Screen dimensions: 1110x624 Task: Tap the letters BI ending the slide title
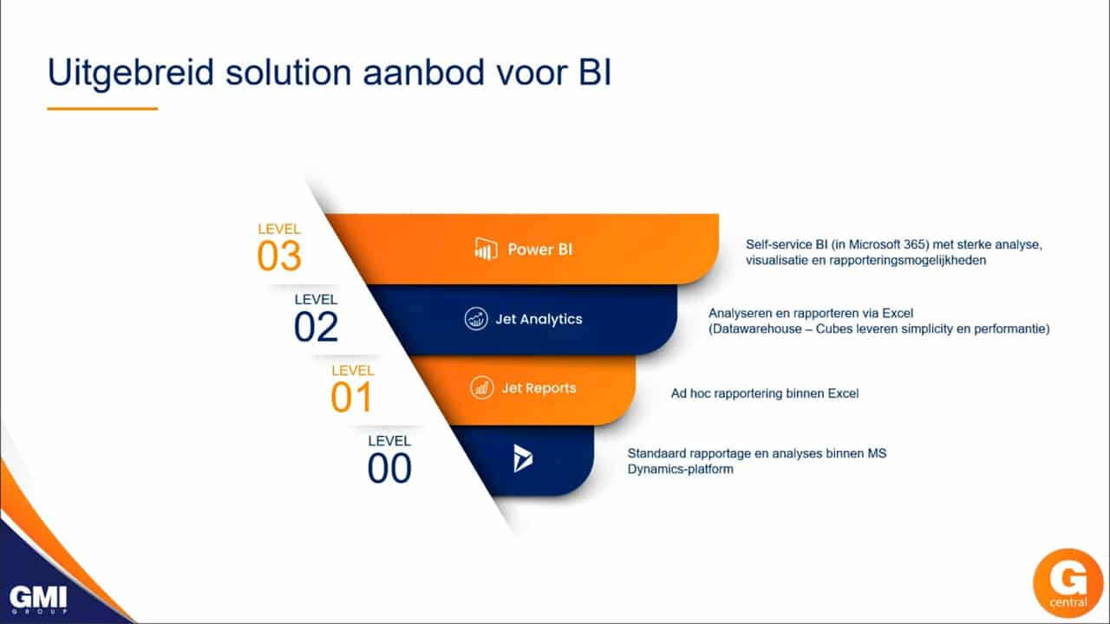595,72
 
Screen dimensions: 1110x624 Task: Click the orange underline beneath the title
102,108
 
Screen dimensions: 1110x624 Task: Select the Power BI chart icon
486,249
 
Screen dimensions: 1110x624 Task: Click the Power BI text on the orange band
539,249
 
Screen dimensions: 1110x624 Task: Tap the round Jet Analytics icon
476,318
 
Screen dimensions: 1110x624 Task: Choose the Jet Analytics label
539,319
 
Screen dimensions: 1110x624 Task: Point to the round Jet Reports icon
481,387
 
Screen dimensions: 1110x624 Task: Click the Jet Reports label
539,387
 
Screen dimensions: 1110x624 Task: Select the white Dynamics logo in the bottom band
522,458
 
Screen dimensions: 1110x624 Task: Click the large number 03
279,256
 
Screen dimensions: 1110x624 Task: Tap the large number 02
317,327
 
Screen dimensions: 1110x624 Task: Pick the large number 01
351,397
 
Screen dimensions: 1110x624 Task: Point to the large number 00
389,468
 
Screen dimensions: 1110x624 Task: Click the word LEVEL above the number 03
279,229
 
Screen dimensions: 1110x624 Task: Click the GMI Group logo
38,599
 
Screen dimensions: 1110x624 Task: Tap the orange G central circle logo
1068,583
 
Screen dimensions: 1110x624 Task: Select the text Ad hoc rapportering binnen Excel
765,393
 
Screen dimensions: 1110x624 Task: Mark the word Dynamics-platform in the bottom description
680,469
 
